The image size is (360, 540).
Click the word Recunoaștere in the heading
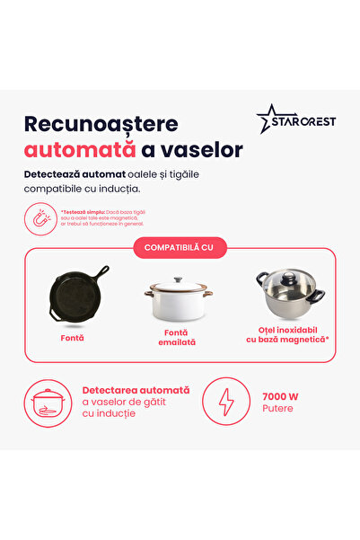101,124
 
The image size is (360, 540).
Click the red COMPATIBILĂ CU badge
180,247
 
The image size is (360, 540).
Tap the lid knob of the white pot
179,279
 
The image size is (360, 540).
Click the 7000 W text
281,395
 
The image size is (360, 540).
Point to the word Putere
277,409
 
